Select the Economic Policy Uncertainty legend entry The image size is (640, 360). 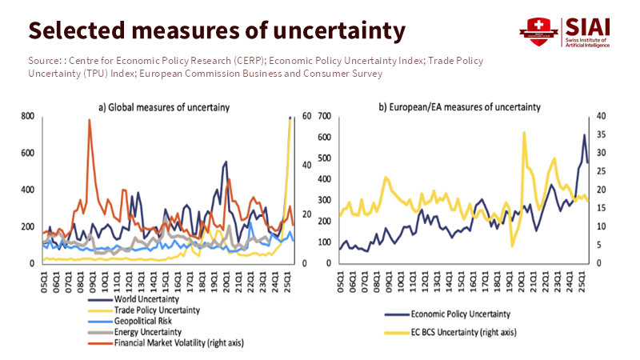459,314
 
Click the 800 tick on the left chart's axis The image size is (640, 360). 29,117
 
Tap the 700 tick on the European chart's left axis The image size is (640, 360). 326,117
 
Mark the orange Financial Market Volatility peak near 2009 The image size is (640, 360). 90,120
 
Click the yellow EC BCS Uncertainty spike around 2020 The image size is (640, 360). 523,133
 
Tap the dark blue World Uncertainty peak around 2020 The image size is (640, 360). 226,162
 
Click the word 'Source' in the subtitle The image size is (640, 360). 44,61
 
